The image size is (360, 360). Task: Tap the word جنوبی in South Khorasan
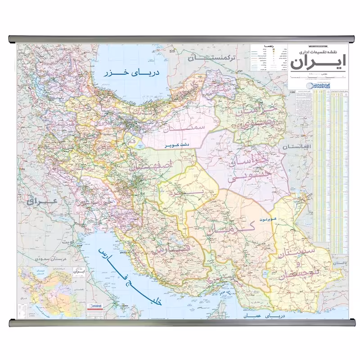(x=245, y=177)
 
